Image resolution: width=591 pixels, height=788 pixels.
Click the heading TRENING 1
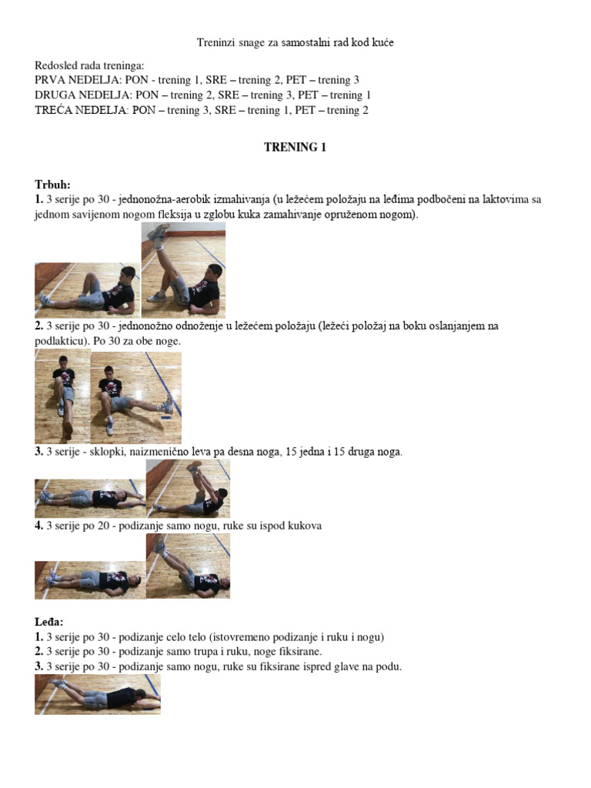295,147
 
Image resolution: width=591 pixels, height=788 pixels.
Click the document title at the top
295,42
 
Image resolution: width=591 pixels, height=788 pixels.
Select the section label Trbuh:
52,185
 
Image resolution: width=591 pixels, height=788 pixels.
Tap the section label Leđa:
49,621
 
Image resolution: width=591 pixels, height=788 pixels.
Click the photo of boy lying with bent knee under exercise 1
88,289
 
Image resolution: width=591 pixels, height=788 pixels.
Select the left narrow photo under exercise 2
62,397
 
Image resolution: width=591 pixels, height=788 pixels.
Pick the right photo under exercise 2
136,397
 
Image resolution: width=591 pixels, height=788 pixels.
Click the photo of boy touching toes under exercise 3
188,489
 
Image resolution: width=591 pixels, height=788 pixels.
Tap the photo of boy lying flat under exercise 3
90,498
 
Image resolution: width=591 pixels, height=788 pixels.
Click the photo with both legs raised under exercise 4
188,566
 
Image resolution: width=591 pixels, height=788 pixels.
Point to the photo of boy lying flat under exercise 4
90,579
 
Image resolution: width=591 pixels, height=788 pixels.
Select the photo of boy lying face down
98,694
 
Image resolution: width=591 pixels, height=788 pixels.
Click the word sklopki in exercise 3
102,452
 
